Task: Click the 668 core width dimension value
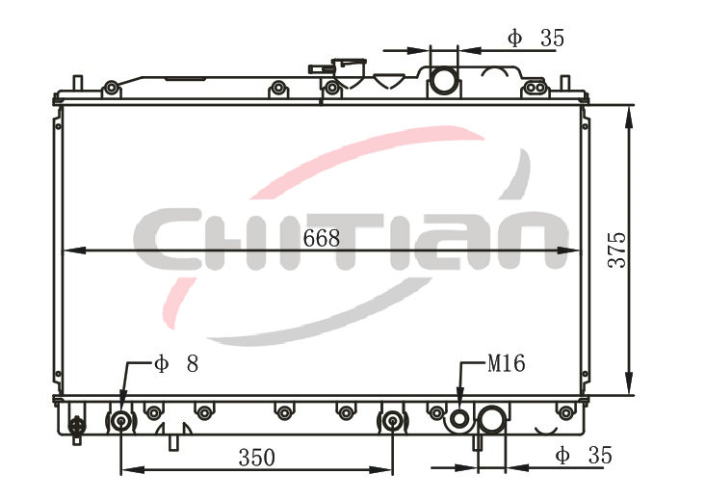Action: tap(322, 238)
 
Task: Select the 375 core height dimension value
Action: tap(616, 250)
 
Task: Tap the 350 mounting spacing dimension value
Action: tap(256, 458)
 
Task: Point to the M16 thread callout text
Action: tap(506, 363)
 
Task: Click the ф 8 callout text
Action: tap(176, 363)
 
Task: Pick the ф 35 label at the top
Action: tap(536, 38)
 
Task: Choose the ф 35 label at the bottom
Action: tap(584, 455)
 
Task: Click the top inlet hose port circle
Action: tap(444, 80)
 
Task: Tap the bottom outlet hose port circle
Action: tap(491, 419)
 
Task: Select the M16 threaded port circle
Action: tap(459, 419)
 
